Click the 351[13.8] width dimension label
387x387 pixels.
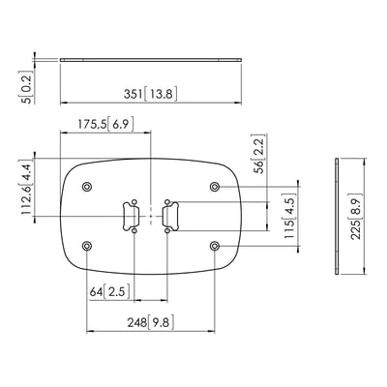click(151, 94)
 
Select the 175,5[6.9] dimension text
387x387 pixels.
click(105, 124)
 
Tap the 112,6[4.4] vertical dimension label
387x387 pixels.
click(27, 190)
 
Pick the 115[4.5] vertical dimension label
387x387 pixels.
click(290, 216)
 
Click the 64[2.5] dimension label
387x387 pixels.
click(110, 292)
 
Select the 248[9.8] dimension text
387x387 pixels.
click(151, 322)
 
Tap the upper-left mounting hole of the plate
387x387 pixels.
click(87, 187)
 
